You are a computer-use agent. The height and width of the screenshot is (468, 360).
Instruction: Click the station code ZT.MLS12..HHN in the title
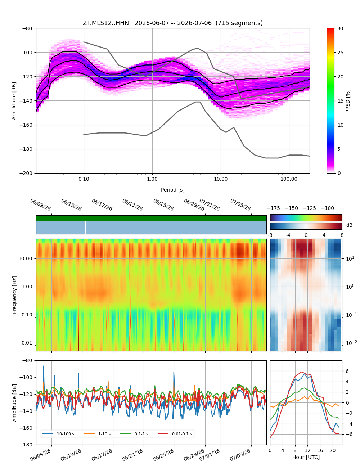(105, 23)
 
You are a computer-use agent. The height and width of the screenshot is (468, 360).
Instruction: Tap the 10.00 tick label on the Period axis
(220, 179)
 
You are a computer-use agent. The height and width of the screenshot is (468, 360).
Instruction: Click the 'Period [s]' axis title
(172, 190)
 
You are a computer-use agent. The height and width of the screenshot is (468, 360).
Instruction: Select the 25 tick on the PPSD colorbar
(340, 53)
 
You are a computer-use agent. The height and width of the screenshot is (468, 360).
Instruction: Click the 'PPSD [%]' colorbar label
(347, 101)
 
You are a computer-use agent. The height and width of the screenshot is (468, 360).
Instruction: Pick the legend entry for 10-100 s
(58, 434)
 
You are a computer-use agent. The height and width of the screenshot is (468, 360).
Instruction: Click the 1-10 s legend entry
(96, 434)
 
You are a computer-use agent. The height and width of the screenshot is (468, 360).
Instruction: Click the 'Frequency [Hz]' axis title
(14, 295)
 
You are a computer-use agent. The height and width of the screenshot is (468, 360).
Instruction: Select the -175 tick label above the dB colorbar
(273, 208)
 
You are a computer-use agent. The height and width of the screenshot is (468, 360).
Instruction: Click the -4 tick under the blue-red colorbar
(288, 235)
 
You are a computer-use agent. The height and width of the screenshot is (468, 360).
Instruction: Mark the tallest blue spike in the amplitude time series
(44, 366)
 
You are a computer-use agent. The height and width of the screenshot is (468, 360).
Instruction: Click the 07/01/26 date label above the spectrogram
(210, 204)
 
